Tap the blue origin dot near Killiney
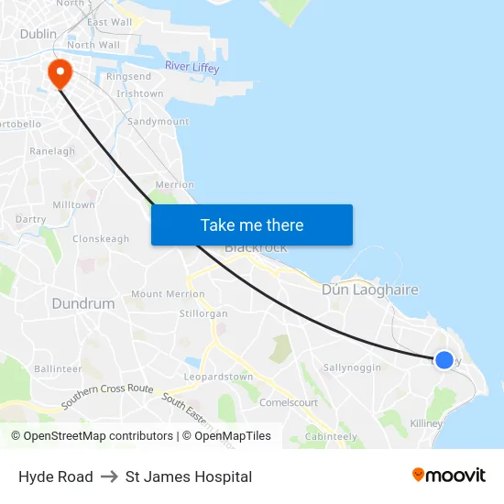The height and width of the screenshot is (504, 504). click(x=444, y=360)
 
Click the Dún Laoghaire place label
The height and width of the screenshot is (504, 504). click(x=369, y=290)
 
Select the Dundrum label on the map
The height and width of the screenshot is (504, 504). click(x=83, y=303)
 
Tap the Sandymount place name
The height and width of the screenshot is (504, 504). click(x=158, y=121)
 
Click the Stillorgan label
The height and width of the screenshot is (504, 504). click(x=203, y=313)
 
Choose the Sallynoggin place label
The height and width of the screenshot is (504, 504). click(x=352, y=367)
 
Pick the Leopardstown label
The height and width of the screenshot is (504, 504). click(x=218, y=377)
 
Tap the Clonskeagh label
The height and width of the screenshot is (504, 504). click(x=101, y=239)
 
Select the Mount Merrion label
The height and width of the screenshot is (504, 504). click(x=168, y=294)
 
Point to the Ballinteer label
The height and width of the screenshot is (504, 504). click(x=58, y=369)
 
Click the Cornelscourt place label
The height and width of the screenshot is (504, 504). click(x=289, y=402)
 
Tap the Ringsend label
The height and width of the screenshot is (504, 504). click(x=128, y=77)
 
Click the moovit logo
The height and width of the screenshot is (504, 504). click(x=448, y=476)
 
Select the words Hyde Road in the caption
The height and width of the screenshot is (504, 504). click(x=55, y=477)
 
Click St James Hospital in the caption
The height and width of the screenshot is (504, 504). click(x=189, y=477)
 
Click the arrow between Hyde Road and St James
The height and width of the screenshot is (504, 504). click(x=109, y=477)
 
